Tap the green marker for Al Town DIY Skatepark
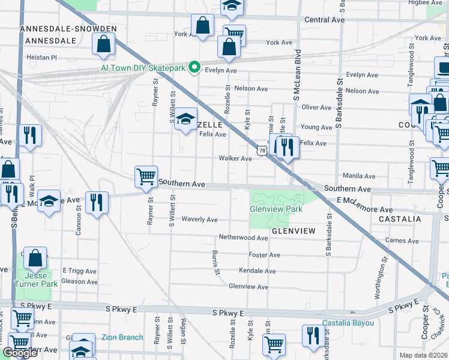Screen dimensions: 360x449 [x=194, y=68]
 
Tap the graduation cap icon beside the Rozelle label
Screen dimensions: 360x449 [x=187, y=119]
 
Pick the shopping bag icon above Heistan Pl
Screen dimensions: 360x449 [x=104, y=44]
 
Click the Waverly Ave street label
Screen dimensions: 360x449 [x=199, y=220]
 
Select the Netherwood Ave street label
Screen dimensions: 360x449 [x=243, y=238]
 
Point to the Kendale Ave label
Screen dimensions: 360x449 [x=257, y=271]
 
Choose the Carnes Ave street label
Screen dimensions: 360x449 [x=402, y=240]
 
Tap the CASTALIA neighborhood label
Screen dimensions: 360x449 [x=400, y=220]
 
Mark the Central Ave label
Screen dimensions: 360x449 [x=324, y=20]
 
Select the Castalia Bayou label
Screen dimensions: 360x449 [x=348, y=323]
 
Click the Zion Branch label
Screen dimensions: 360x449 [x=122, y=337]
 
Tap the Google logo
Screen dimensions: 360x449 [x=20, y=353]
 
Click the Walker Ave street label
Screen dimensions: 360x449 [x=235, y=158]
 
